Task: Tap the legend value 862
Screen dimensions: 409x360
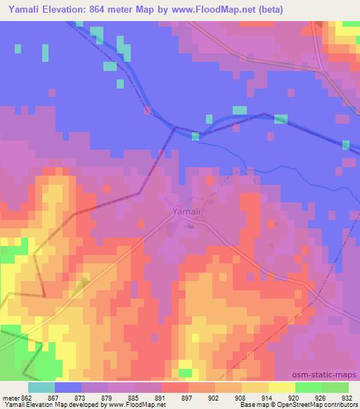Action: (x=27, y=397)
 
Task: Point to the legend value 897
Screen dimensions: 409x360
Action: (x=174, y=397)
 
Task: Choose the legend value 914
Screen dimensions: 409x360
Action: (x=255, y=397)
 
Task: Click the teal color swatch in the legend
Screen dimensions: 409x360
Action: (x=41, y=387)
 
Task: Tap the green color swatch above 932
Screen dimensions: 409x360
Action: (x=335, y=387)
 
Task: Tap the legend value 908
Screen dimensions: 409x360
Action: (x=228, y=397)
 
